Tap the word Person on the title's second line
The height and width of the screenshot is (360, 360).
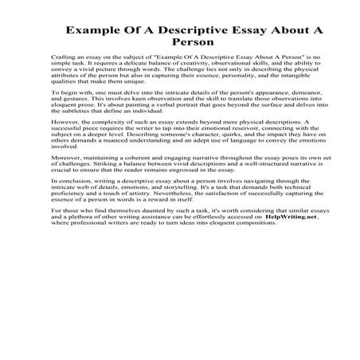coord(180,45)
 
